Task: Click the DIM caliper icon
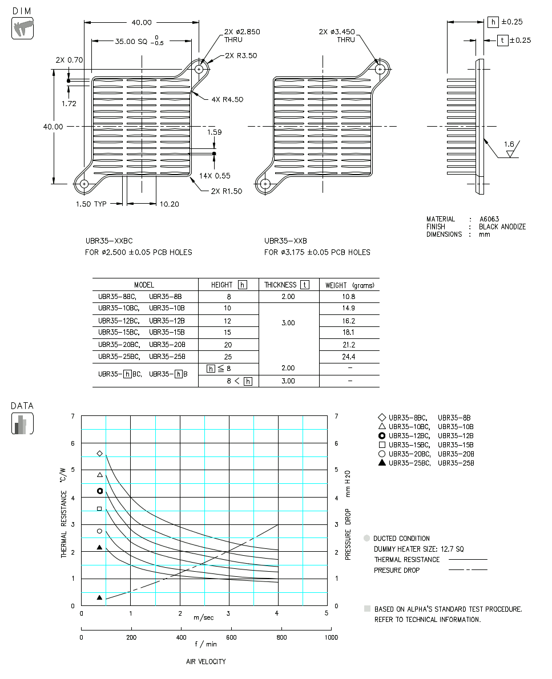tap(23, 28)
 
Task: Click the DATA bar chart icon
tap(23, 423)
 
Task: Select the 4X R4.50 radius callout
tap(227, 99)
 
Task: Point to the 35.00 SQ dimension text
tap(132, 42)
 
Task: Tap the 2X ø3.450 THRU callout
tap(337, 35)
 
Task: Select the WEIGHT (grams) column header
tap(349, 285)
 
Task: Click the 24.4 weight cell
tap(348, 357)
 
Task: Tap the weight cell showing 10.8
tap(348, 297)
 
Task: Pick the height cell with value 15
tap(228, 332)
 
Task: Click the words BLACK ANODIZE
tap(502, 227)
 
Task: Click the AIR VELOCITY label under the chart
tap(206, 662)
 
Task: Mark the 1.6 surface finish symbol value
tap(509, 145)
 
